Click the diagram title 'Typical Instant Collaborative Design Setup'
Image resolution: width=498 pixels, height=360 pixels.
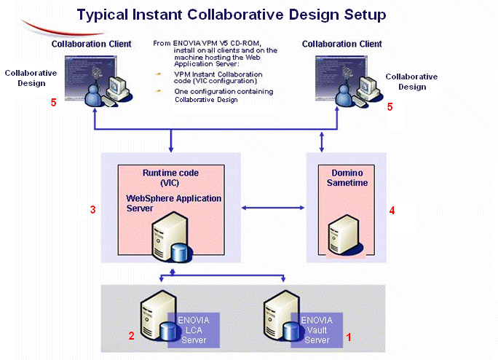pyautogui.click(x=232, y=15)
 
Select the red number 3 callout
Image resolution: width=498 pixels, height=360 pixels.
pyautogui.click(x=92, y=210)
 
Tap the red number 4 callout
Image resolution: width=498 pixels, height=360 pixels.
pyautogui.click(x=392, y=211)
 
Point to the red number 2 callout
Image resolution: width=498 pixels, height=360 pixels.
pyautogui.click(x=132, y=336)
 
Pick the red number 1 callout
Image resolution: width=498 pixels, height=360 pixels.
pyautogui.click(x=349, y=337)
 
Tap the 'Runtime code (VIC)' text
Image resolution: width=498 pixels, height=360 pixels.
pyautogui.click(x=170, y=179)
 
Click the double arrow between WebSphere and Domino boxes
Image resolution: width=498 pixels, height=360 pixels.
pyautogui.click(x=272, y=210)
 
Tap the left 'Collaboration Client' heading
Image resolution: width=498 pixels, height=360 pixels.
pyautogui.click(x=92, y=44)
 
